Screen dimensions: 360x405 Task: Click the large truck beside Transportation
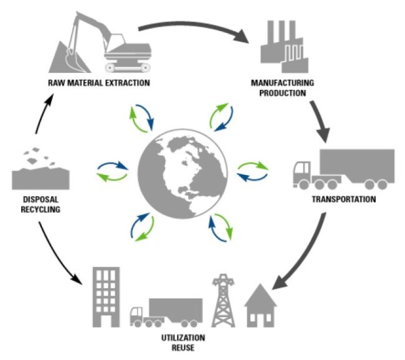(344, 169)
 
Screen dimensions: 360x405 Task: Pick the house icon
(260, 306)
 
